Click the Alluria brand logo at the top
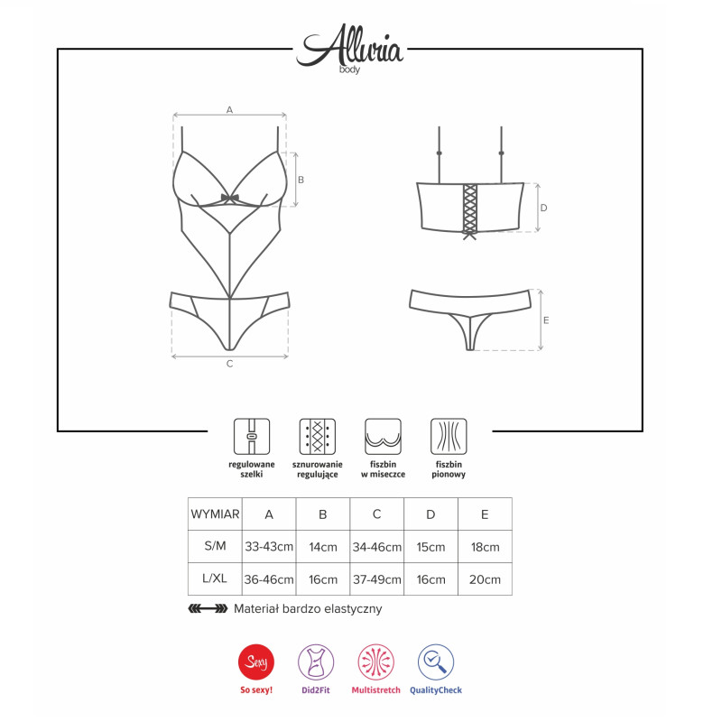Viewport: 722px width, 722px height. (x=350, y=48)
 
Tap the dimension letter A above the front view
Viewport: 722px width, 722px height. (x=229, y=109)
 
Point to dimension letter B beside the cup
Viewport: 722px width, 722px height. (x=301, y=180)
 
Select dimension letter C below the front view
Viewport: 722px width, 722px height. (x=230, y=364)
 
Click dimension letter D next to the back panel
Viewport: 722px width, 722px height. (x=544, y=208)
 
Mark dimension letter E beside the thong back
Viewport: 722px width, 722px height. (x=546, y=320)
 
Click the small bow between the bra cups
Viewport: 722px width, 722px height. (x=230, y=199)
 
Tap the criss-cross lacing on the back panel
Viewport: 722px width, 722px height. (x=469, y=209)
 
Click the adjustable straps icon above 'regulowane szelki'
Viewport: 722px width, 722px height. (x=252, y=436)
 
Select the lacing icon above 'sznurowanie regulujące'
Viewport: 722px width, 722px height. (x=318, y=436)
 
